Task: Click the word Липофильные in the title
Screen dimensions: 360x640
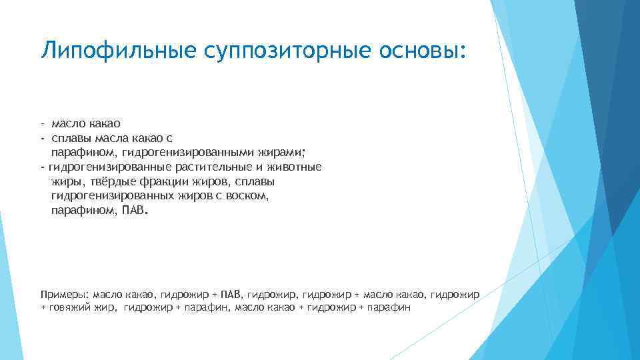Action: [103, 51]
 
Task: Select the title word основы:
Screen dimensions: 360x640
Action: [418, 51]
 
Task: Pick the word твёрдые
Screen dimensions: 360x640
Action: [99, 181]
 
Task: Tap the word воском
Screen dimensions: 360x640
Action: [248, 196]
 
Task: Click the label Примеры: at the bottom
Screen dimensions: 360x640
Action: [65, 293]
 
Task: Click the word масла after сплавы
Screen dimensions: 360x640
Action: [107, 138]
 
